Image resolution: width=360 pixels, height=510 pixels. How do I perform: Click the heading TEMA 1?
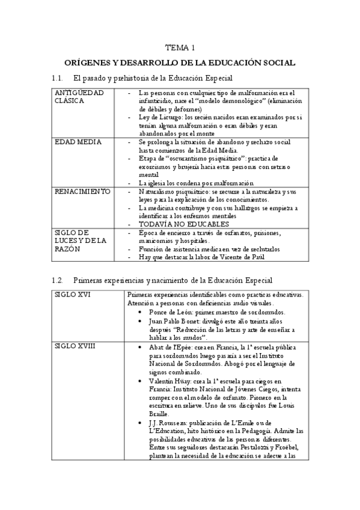[x=180, y=48]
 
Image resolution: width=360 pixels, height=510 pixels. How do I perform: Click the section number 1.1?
[x=58, y=78]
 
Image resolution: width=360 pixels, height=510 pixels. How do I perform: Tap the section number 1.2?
[x=58, y=280]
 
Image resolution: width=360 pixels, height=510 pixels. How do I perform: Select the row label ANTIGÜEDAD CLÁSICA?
[x=79, y=97]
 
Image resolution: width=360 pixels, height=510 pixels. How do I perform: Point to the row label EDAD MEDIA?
[x=75, y=142]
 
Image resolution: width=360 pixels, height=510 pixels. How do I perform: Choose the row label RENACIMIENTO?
[x=82, y=191]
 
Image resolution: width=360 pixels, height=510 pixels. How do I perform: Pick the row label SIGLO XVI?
[x=71, y=294]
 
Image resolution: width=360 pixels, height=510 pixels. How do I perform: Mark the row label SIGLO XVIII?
[x=74, y=347]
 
